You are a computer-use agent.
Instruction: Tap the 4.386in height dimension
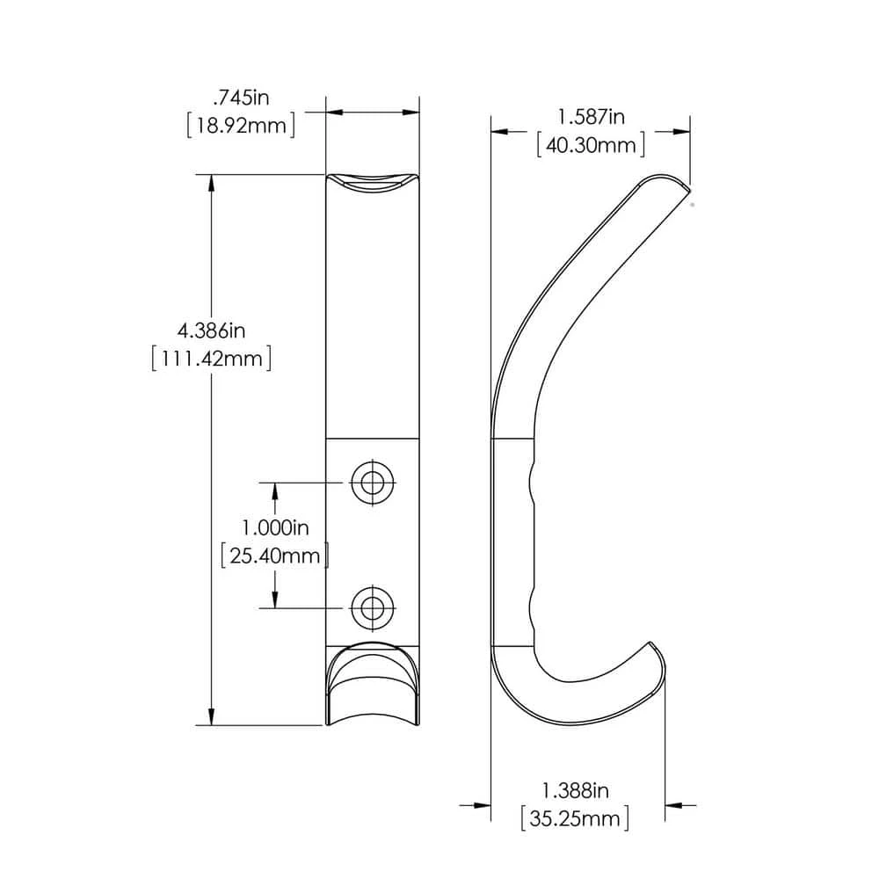click(x=211, y=331)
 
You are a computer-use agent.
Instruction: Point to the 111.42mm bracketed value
click(x=211, y=360)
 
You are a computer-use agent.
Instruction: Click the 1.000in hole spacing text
click(x=275, y=527)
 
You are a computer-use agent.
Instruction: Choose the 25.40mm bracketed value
click(x=275, y=556)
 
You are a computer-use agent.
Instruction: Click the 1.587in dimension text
click(x=591, y=116)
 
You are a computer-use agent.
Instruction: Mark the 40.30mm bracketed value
click(x=591, y=145)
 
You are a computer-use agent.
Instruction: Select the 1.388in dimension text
click(x=575, y=791)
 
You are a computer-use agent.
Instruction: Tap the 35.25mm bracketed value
click(x=575, y=820)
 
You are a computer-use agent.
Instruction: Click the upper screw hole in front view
click(x=372, y=481)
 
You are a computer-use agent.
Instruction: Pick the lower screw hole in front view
click(x=372, y=605)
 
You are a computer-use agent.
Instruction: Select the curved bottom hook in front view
click(x=372, y=690)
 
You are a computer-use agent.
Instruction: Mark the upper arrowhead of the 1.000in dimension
click(x=275, y=490)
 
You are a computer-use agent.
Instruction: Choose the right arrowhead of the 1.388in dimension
click(x=674, y=804)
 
